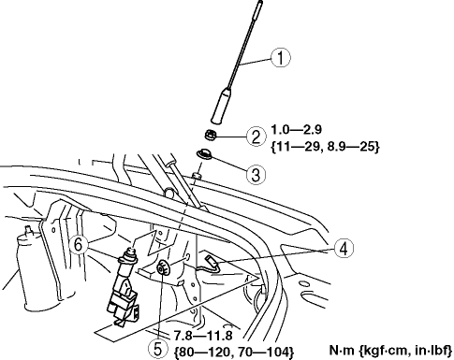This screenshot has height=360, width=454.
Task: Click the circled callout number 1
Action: click(x=281, y=58)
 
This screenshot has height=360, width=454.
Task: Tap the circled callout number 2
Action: click(x=256, y=137)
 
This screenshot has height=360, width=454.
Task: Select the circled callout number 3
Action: click(x=256, y=174)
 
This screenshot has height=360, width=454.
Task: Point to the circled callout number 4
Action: click(x=344, y=249)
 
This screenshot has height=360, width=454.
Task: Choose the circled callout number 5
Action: click(x=158, y=349)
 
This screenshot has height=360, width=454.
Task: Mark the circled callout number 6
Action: click(x=79, y=244)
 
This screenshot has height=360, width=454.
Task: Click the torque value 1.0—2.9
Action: click(x=296, y=129)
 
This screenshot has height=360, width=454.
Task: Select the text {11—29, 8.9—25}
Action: click(x=325, y=147)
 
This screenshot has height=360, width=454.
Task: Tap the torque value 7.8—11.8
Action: click(x=203, y=336)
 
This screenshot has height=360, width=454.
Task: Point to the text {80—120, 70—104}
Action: click(x=234, y=352)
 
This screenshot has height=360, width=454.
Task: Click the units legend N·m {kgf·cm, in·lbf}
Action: click(x=390, y=351)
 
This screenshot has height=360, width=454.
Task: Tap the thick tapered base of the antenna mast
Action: click(x=221, y=106)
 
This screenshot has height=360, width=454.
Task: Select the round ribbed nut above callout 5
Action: click(x=163, y=267)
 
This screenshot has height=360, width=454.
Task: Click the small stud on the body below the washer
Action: click(x=196, y=176)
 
